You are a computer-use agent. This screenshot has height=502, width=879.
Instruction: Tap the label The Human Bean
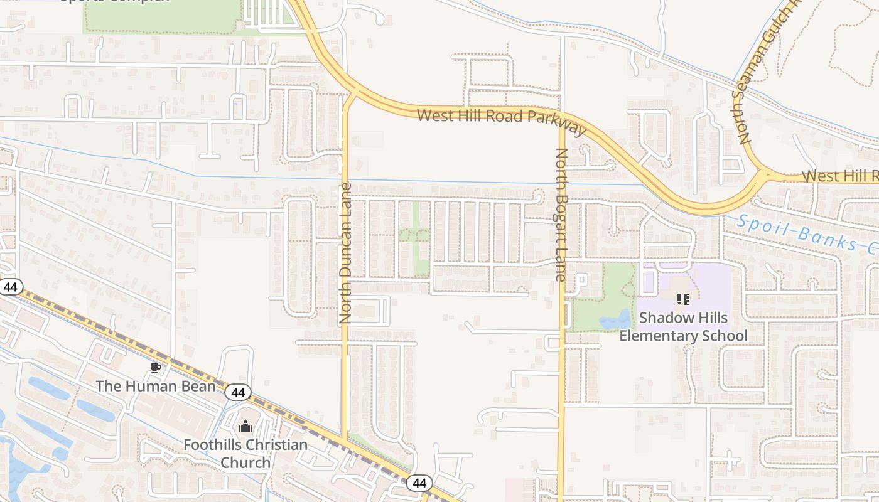[155, 385]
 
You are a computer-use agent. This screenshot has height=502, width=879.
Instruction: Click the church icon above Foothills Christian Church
[245, 427]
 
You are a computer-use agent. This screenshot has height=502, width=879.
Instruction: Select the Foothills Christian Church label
[245, 454]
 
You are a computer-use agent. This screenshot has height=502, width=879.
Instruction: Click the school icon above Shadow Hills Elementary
[683, 299]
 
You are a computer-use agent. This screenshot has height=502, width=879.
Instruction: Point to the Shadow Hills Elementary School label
[683, 326]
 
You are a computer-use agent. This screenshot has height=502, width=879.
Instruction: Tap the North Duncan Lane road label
[345, 253]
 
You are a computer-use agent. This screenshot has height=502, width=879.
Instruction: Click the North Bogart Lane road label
[561, 214]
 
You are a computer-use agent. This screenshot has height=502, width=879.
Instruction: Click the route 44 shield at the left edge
[9, 287]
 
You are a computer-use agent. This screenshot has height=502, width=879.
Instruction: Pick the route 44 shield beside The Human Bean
[237, 393]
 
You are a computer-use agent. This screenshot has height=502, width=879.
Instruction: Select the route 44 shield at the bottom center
[419, 483]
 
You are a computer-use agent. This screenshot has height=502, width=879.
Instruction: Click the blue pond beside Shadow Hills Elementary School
[615, 321]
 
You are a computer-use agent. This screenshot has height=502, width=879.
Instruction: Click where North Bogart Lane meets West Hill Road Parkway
[561, 124]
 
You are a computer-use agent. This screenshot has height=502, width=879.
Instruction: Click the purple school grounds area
[709, 282]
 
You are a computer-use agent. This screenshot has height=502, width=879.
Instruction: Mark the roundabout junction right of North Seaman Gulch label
[763, 176]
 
